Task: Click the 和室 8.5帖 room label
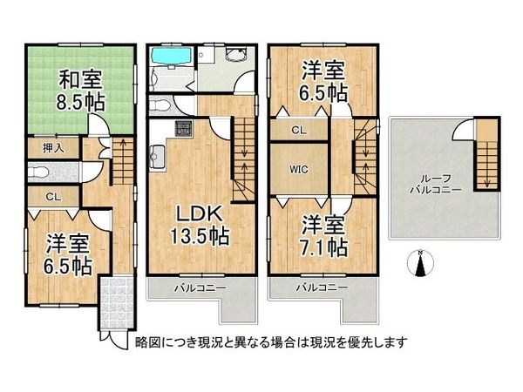click(x=81, y=90)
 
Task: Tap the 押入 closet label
click(x=53, y=148)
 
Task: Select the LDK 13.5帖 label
click(x=200, y=225)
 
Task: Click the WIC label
click(x=298, y=170)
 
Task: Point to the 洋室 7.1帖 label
click(x=323, y=236)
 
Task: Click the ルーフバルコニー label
click(x=436, y=185)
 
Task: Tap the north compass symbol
click(x=421, y=263)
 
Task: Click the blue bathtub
click(x=172, y=56)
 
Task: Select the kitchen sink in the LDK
click(x=158, y=157)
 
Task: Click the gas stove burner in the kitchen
click(x=184, y=128)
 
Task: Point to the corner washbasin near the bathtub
click(x=236, y=54)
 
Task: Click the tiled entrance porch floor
click(x=117, y=302)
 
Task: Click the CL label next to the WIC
click(x=298, y=130)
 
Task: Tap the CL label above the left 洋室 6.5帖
click(x=53, y=197)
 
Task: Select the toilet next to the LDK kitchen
click(x=160, y=105)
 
